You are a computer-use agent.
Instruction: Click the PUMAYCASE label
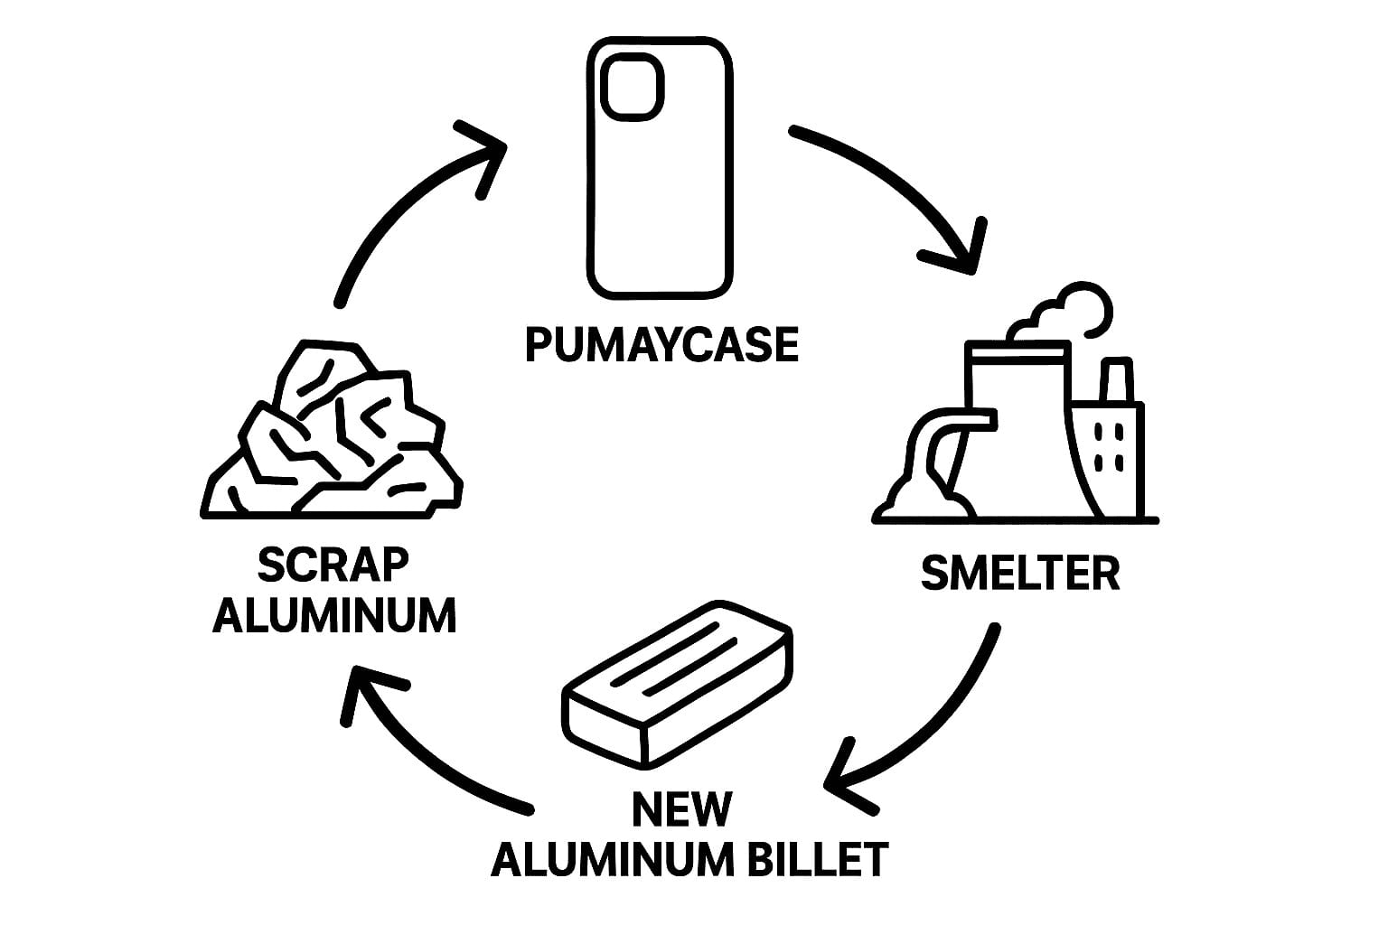661,344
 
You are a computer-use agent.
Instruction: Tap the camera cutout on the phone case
633,86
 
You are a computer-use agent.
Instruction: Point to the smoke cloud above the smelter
1066,313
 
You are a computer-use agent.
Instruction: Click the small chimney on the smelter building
1116,380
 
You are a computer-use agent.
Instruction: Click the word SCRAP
333,565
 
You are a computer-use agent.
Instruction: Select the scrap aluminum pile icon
330,434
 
